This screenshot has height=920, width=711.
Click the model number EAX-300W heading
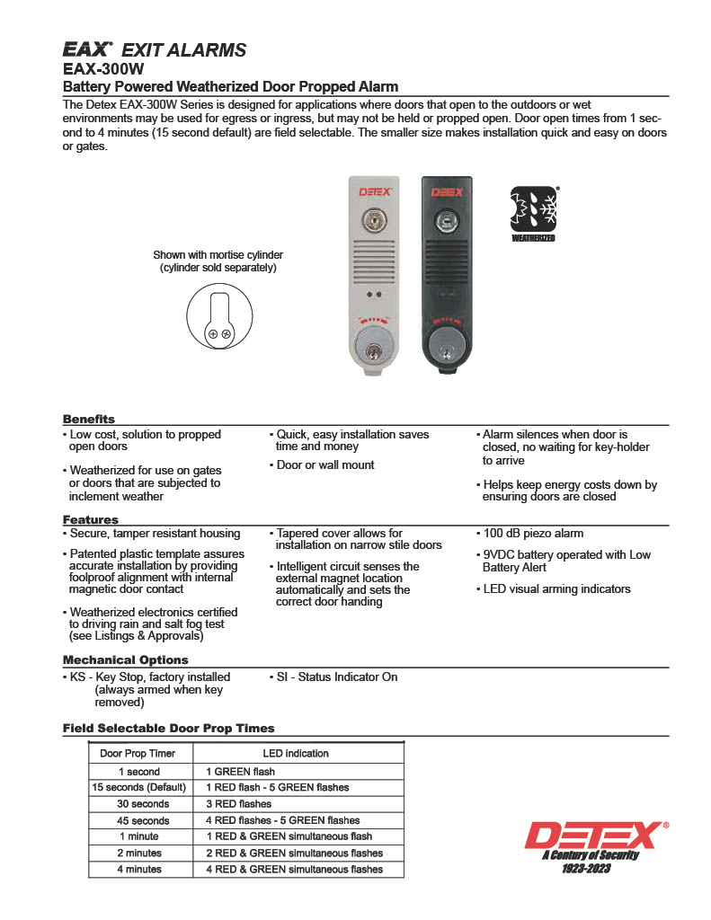(103, 67)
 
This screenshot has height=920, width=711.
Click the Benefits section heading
(89, 419)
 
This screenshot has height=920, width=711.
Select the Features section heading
(90, 519)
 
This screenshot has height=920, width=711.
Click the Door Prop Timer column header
(138, 753)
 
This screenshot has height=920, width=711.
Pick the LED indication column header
(295, 753)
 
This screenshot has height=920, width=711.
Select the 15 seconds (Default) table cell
(138, 787)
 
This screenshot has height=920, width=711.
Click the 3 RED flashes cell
(239, 803)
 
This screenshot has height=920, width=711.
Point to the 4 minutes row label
(139, 869)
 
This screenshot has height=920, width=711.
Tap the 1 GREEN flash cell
(240, 771)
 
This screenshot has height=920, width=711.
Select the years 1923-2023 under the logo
(586, 869)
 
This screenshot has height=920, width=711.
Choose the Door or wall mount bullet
(324, 464)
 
